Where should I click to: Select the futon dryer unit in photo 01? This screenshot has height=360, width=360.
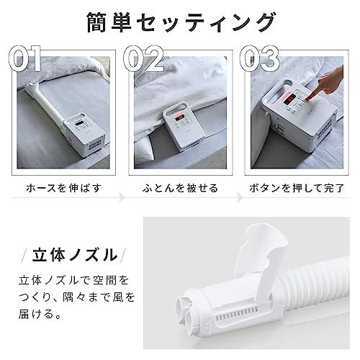[x=86, y=132]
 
